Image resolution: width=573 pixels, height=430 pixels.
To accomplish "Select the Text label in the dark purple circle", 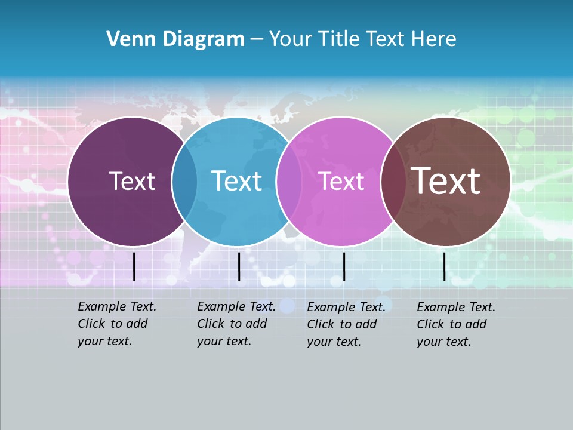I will click(132, 181).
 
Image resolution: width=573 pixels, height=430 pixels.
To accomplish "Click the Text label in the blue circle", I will click(236, 181).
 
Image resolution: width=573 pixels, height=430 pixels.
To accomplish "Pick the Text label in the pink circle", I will click(341, 181).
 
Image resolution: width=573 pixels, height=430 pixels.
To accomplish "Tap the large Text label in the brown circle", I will click(445, 181).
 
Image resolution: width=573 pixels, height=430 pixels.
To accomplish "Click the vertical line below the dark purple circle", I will click(134, 266).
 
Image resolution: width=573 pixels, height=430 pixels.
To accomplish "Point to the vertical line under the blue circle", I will click(239, 266).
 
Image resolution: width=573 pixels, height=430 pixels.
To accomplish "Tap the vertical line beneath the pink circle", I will click(344, 266).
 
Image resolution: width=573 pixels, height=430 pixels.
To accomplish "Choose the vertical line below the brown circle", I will click(445, 266).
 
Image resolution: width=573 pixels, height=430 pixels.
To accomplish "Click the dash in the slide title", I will click(257, 39).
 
